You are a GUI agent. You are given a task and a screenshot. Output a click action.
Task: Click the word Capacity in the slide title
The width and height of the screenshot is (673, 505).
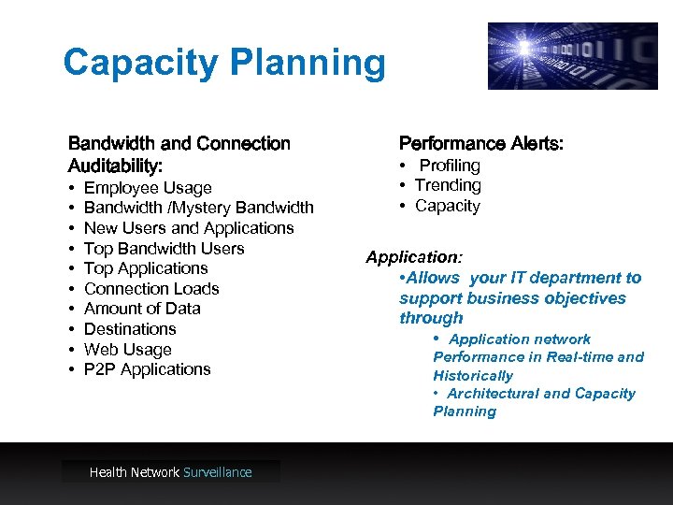(x=140, y=64)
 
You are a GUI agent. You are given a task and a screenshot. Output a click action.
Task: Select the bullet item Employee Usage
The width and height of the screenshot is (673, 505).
(x=148, y=188)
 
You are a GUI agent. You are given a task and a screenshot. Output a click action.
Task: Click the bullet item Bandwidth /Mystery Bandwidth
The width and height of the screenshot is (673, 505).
(x=198, y=208)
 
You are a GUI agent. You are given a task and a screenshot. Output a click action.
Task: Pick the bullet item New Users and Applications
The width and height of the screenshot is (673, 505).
(x=189, y=228)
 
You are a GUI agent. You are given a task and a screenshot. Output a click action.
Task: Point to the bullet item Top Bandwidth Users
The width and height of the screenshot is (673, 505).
(x=164, y=249)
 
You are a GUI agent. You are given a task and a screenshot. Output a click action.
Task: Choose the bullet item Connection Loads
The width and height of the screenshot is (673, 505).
(x=151, y=289)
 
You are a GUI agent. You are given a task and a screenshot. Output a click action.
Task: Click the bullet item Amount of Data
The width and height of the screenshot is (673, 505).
(x=142, y=309)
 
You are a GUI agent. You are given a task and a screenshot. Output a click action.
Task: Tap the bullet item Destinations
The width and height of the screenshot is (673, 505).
(x=130, y=329)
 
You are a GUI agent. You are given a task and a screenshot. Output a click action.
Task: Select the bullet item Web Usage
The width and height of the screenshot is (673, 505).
(x=128, y=350)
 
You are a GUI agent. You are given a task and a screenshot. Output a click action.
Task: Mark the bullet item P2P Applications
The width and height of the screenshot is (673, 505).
(x=148, y=369)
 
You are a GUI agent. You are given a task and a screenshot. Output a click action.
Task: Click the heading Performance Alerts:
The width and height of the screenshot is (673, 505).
(x=480, y=143)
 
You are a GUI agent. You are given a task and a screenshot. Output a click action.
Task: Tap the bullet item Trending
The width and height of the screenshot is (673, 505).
(x=448, y=185)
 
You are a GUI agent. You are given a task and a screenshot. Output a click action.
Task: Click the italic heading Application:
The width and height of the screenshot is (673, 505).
(x=414, y=256)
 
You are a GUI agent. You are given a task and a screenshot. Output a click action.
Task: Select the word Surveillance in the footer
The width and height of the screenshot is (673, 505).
(x=218, y=472)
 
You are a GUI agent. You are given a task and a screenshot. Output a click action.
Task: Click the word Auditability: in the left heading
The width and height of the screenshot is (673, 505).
(x=115, y=166)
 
